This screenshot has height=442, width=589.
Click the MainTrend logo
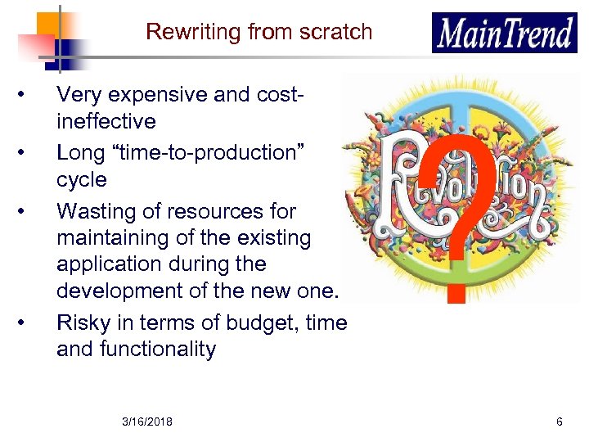click(504, 34)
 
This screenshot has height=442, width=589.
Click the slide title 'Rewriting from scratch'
click(259, 32)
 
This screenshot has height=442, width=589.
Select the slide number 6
click(559, 422)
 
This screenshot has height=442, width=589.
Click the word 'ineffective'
click(106, 122)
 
